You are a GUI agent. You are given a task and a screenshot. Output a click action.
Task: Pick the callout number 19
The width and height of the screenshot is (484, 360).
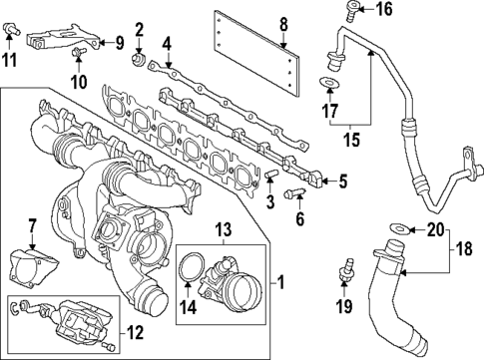coord(346,305)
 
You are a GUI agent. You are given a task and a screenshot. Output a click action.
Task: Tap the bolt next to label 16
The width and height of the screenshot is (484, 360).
coord(352,12)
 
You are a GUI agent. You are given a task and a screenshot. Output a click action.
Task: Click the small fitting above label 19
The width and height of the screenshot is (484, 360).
coord(348,267)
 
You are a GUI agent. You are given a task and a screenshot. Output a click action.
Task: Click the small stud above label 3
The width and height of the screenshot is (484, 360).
coord(270,174)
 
